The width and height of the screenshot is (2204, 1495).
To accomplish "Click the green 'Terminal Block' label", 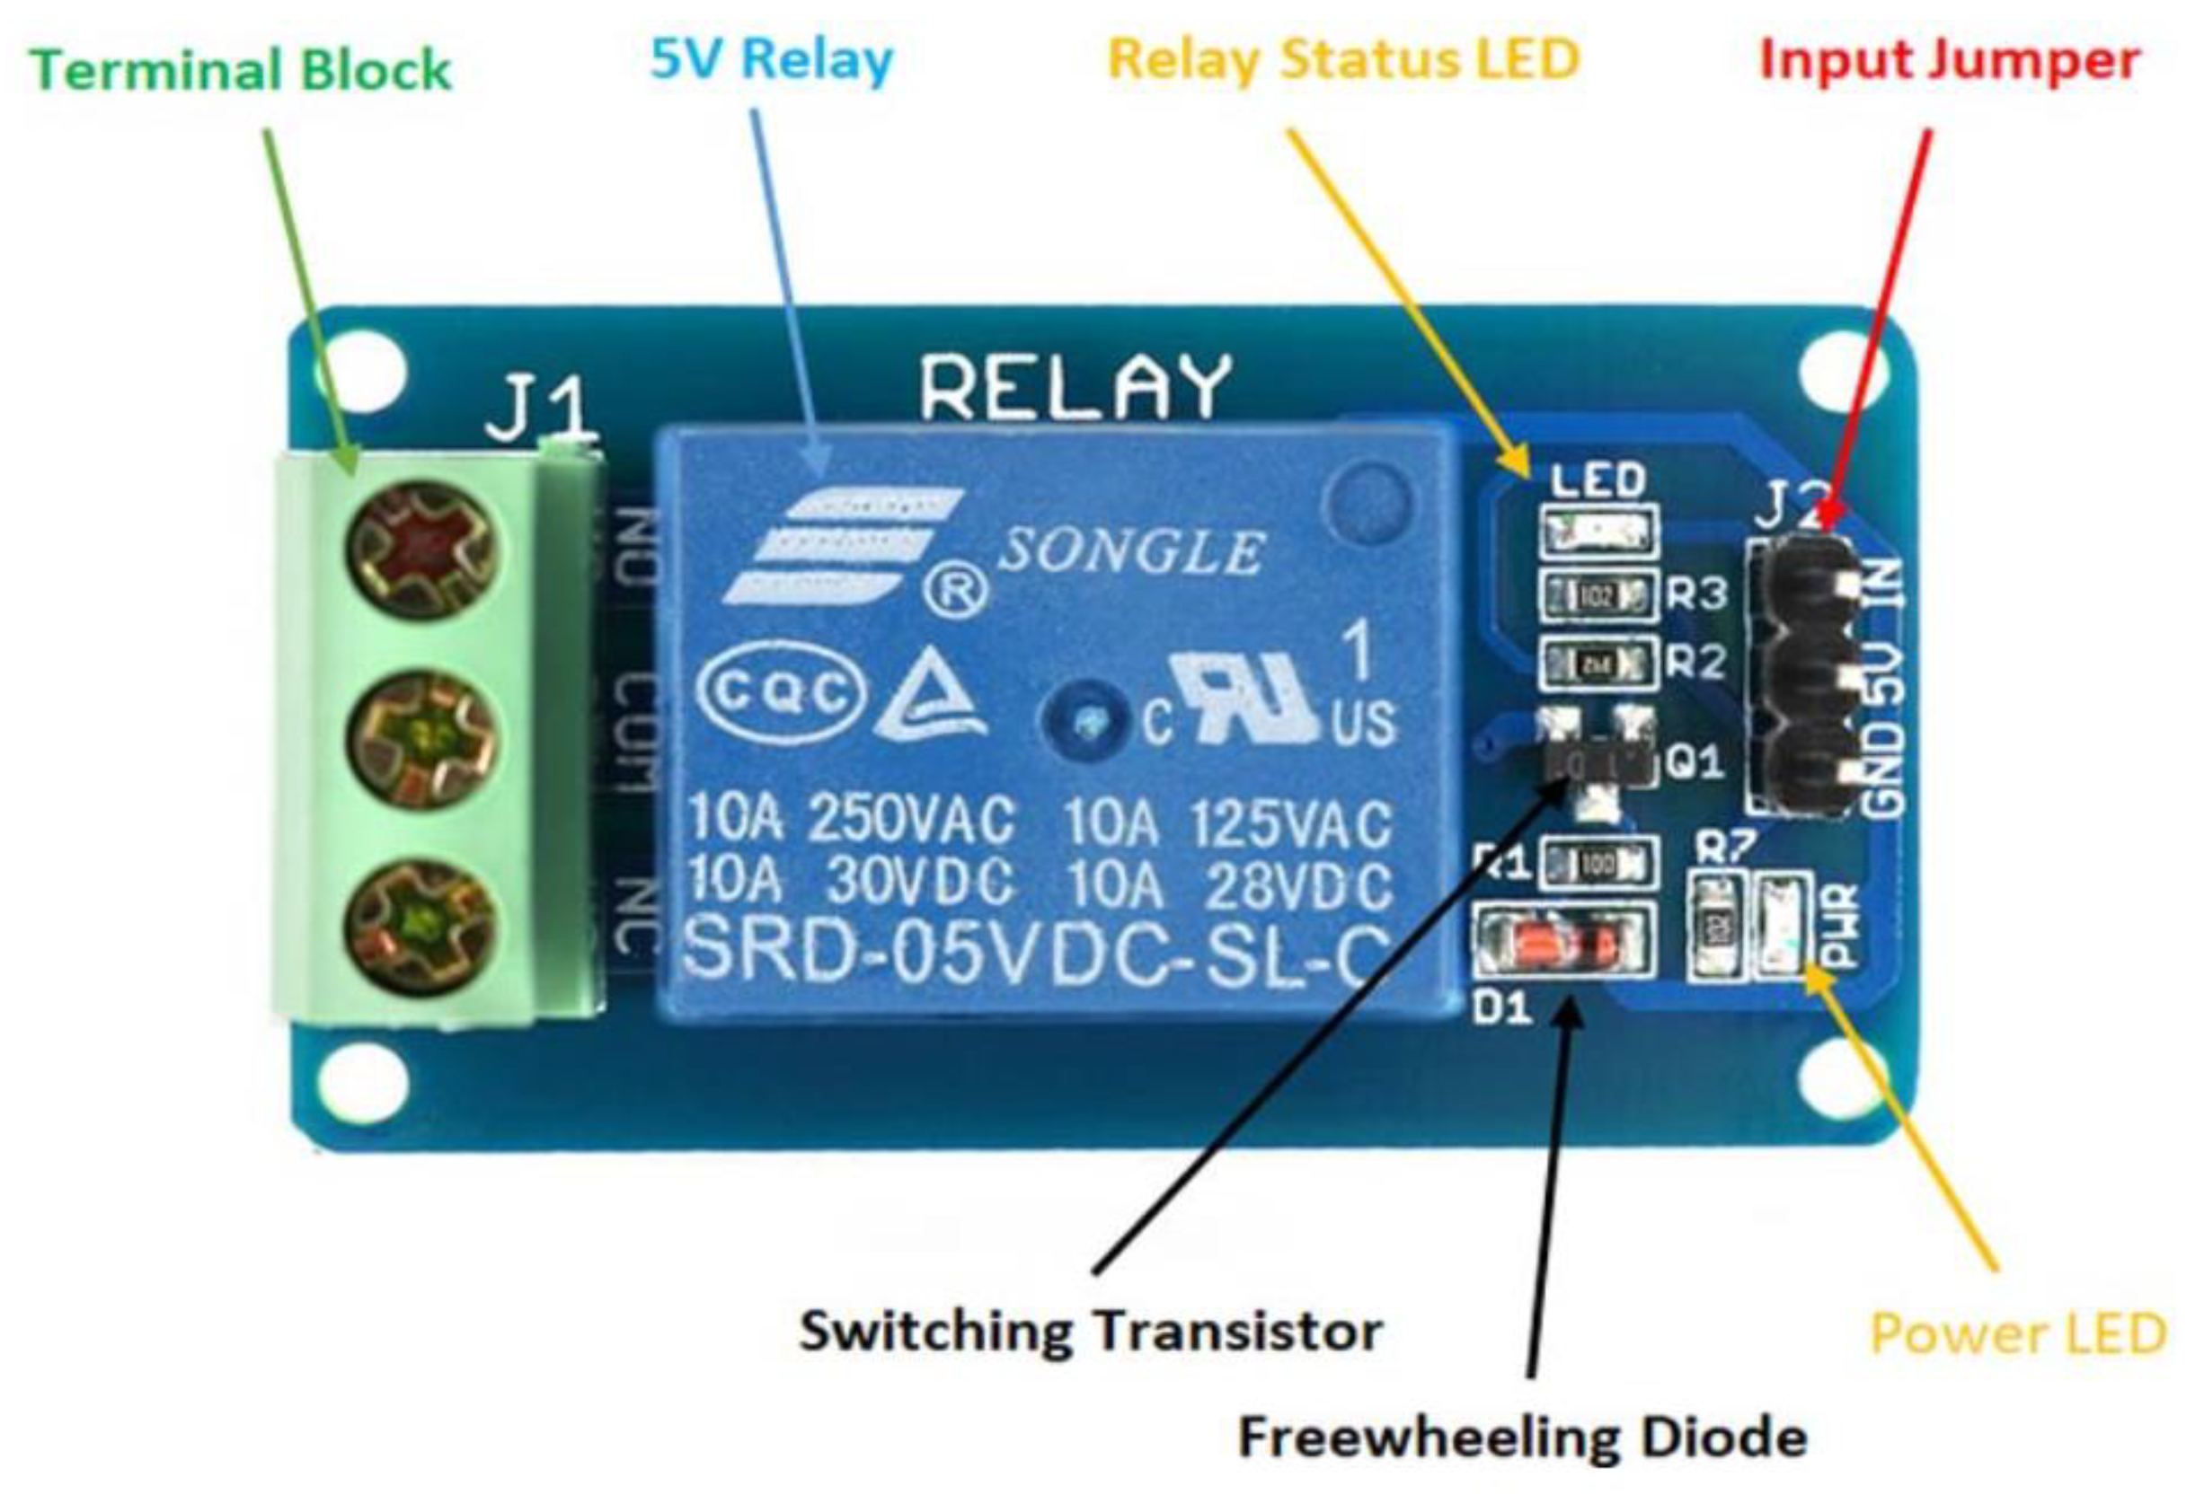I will [x=241, y=70].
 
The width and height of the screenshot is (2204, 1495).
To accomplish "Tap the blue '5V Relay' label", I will [x=771, y=60].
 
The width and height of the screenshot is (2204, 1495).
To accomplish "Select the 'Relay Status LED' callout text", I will [x=1344, y=60].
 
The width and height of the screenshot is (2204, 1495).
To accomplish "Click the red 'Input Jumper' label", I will [x=1950, y=61].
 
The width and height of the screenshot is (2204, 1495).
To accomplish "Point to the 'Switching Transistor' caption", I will [x=1091, y=1330].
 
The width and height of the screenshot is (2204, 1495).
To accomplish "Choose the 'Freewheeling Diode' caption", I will [x=1522, y=1437].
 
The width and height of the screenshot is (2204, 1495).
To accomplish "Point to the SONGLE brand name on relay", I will [x=1132, y=551].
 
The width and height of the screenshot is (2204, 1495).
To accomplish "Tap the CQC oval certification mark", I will [x=782, y=692].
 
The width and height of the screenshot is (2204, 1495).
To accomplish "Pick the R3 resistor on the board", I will [x=1599, y=595].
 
